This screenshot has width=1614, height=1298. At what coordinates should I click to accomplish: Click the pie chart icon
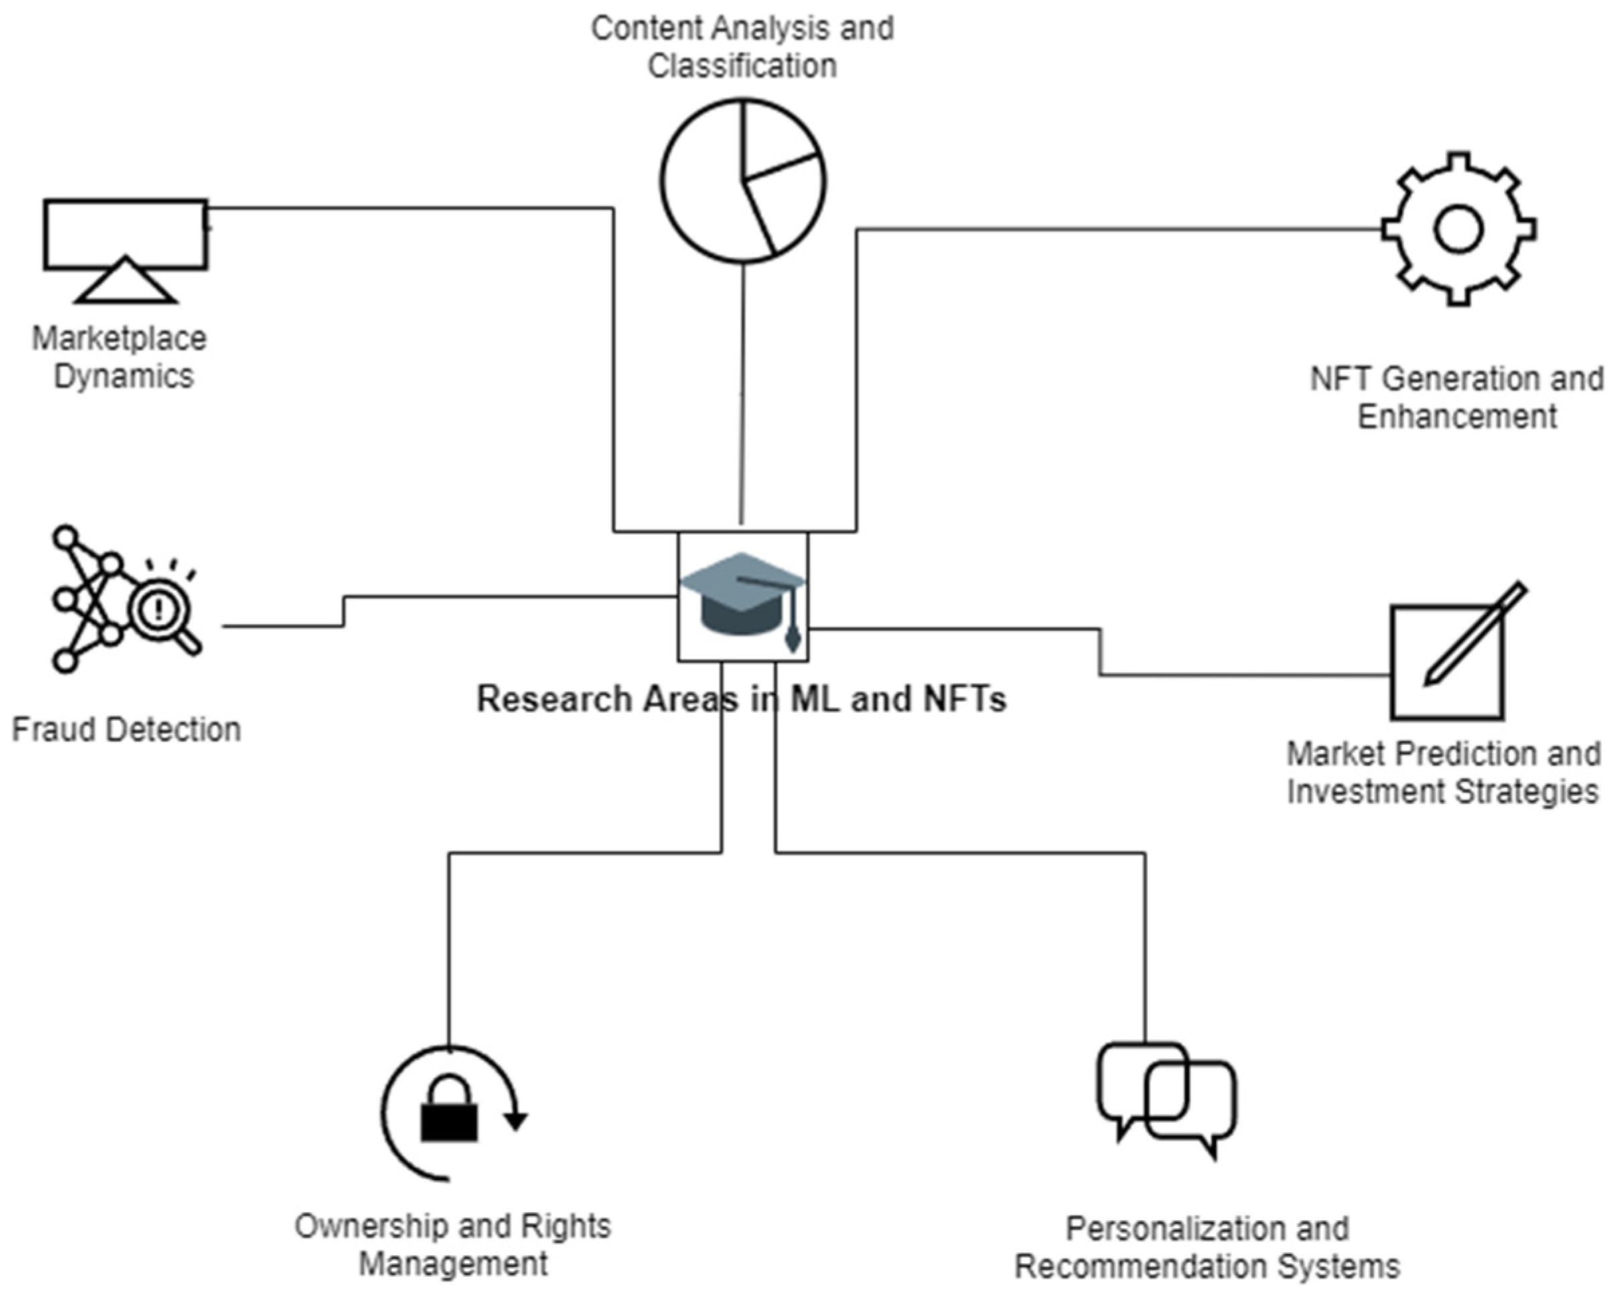[743, 181]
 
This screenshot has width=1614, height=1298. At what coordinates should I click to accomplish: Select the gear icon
[1458, 229]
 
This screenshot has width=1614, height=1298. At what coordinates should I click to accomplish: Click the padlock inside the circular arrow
[449, 1112]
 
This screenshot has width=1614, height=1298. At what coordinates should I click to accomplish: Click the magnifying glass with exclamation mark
[161, 610]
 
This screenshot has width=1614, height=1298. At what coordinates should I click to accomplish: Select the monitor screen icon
[125, 234]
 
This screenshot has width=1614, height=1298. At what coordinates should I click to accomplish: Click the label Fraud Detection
[126, 730]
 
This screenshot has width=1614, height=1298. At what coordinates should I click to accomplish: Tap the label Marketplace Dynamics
[120, 357]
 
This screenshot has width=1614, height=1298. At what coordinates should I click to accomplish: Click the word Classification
[742, 66]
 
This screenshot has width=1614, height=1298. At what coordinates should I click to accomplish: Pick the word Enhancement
[1457, 416]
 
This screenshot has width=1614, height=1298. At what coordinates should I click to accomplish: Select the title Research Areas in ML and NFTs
[741, 699]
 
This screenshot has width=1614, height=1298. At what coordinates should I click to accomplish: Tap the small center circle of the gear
[1458, 229]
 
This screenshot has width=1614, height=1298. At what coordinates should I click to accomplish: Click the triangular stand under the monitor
[126, 283]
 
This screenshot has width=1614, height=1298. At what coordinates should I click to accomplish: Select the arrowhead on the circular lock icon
[516, 1121]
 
